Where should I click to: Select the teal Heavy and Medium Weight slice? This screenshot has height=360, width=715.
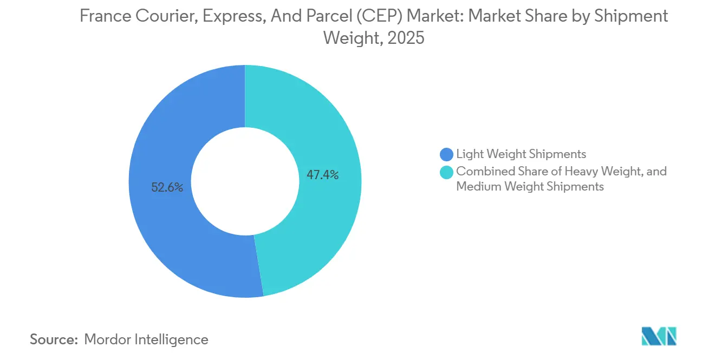[325, 125]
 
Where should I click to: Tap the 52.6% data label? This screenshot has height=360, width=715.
[167, 188]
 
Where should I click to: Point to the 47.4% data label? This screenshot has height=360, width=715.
[322, 175]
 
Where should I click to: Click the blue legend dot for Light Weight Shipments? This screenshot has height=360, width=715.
[447, 154]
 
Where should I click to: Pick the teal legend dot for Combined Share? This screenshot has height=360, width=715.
[447, 172]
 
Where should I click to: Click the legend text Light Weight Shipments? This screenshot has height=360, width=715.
[521, 154]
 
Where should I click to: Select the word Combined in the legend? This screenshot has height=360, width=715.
[482, 172]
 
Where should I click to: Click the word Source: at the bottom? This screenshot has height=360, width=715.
[54, 339]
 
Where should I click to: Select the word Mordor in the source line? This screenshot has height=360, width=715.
[108, 339]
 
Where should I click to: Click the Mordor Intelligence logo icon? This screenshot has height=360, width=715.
[659, 337]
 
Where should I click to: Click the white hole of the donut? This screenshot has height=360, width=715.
[245, 181]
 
